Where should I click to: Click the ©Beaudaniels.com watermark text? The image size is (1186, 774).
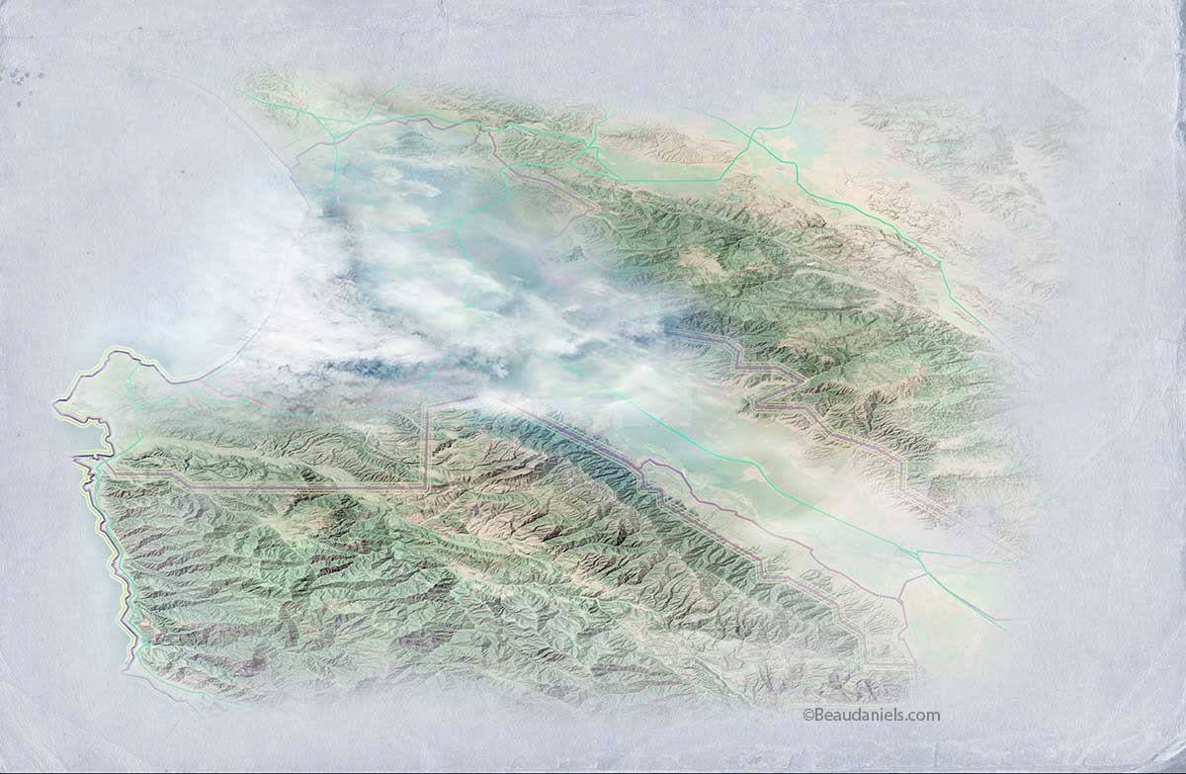click(x=871, y=715)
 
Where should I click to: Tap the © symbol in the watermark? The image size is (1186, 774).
click(x=807, y=715)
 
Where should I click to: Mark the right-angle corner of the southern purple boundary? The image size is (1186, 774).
click(x=426, y=486)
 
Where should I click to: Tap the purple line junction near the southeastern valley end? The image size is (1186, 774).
click(x=900, y=597)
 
